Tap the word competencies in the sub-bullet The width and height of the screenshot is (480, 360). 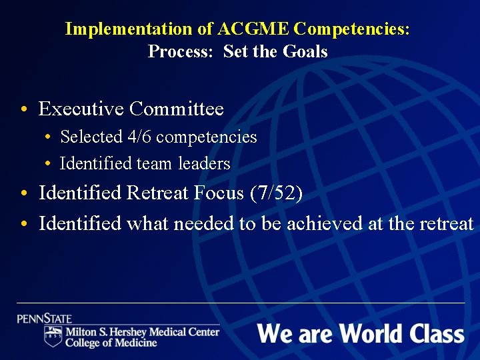(x=206, y=137)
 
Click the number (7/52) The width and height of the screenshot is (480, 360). (x=276, y=193)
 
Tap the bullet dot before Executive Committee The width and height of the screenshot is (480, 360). (x=23, y=109)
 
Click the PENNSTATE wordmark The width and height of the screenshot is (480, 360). (x=45, y=319)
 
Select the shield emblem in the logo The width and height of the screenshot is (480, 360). (x=53, y=336)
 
